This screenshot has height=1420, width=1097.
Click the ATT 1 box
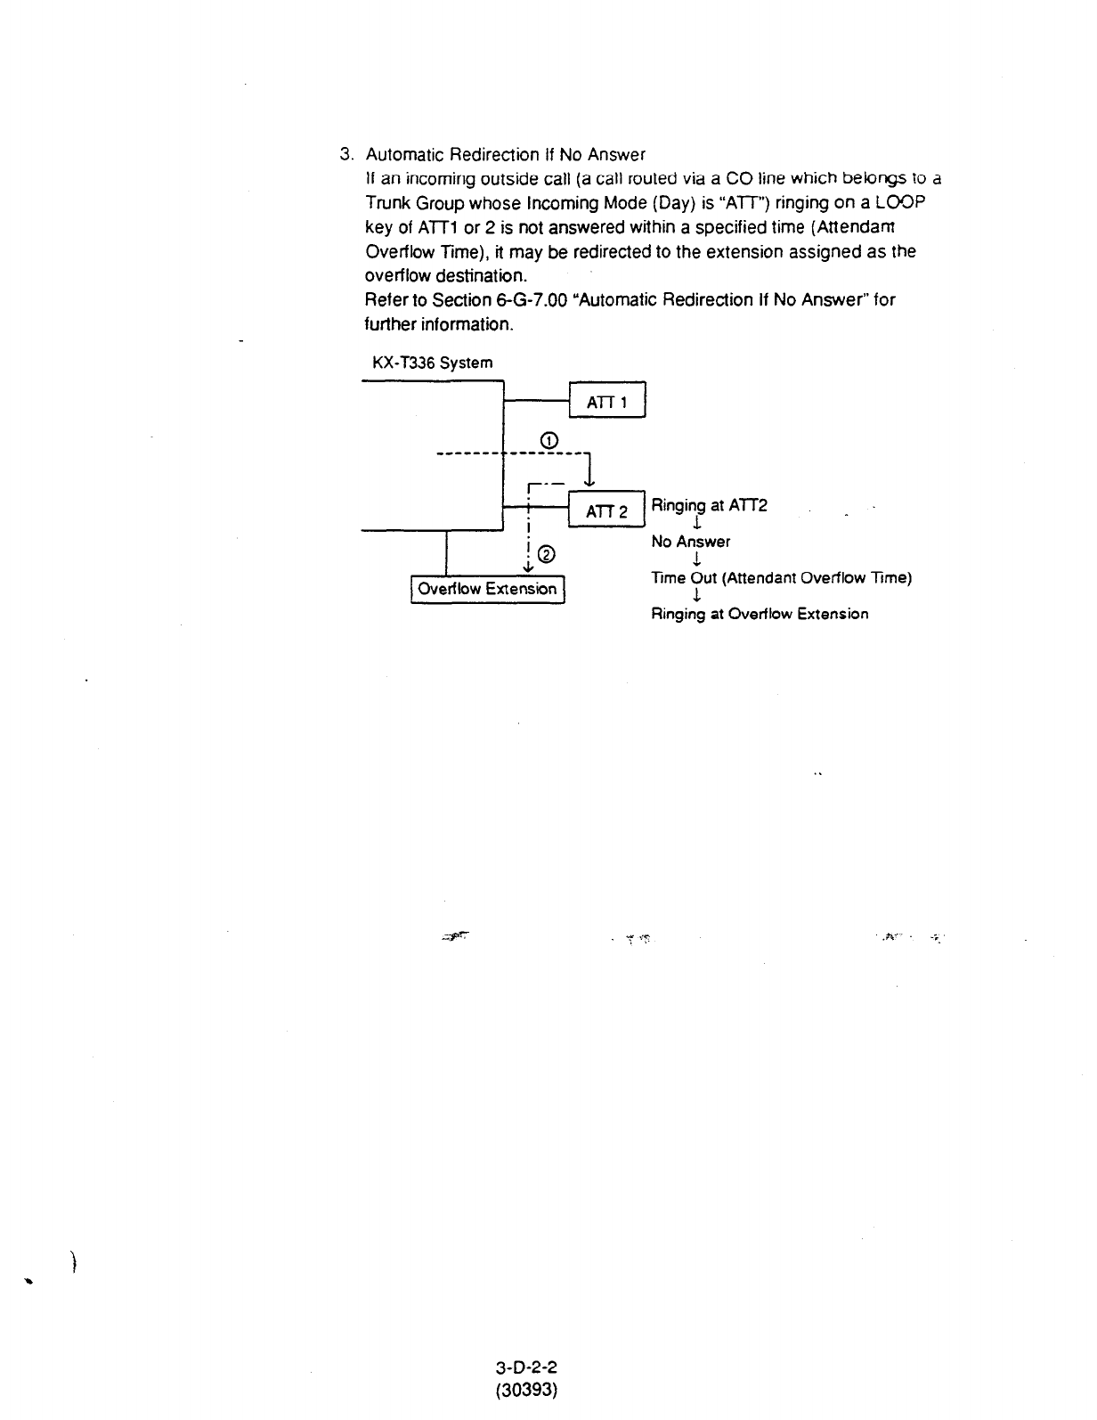coord(606,402)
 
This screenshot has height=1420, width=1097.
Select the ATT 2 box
coord(606,511)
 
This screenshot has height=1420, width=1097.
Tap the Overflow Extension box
coord(488,589)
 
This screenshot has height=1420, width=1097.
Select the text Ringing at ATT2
coord(709,506)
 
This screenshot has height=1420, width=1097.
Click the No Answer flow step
coord(690,542)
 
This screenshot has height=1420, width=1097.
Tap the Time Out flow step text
coord(781,577)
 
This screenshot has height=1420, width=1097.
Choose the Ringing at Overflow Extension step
coord(760,614)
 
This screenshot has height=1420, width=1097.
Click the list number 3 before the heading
coord(346,155)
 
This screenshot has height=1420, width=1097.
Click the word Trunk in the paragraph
coord(387,203)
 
